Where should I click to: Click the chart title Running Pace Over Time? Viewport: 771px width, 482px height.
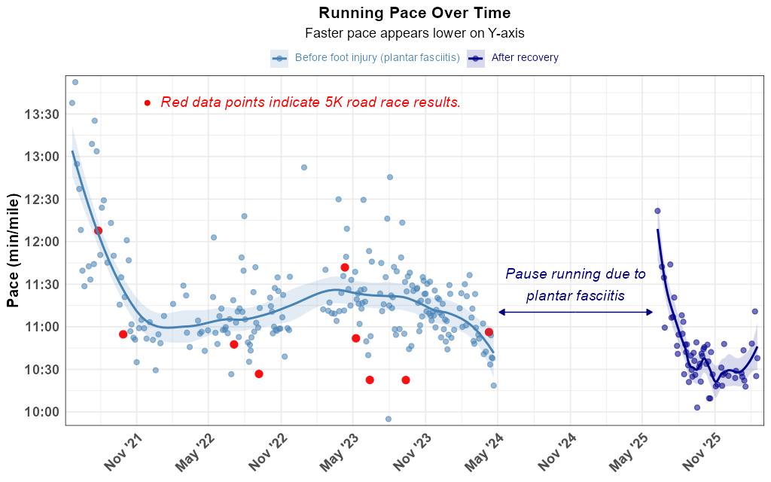[414, 13]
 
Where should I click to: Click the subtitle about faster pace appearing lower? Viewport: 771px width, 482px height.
[414, 33]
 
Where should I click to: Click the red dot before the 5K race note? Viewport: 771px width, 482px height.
[148, 102]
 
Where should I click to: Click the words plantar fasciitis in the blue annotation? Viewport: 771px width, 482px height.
[575, 296]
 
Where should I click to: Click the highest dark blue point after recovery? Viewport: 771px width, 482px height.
[657, 211]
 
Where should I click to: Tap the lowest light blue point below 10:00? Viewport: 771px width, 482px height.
[389, 419]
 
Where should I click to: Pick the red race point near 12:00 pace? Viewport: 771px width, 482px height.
[98, 230]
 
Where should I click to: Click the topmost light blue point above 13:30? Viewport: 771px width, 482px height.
[75, 82]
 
